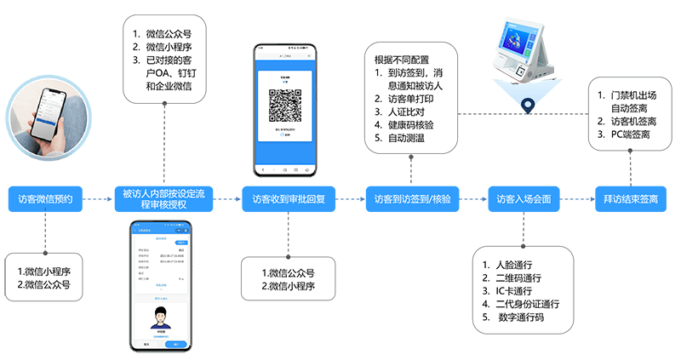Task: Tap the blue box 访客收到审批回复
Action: coord(289,198)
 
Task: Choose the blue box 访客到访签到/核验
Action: coord(412,198)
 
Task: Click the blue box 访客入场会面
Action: coord(524,198)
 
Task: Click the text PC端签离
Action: coord(631,134)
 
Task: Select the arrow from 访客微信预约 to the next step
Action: coord(98,198)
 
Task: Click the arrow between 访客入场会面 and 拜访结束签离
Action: coord(578,198)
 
